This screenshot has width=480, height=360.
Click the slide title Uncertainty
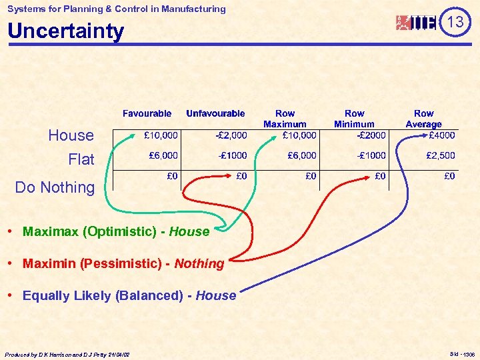(x=65, y=31)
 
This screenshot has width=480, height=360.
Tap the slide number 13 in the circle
(x=455, y=23)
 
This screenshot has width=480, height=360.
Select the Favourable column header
(x=147, y=113)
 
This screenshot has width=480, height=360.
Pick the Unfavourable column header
(x=215, y=113)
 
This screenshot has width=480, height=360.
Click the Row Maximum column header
(x=285, y=119)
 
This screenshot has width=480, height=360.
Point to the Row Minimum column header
(x=354, y=119)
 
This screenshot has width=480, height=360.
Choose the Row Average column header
(x=423, y=119)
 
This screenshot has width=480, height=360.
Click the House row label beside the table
(x=71, y=135)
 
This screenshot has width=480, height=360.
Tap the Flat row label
(x=81, y=159)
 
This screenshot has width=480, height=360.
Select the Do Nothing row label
(x=55, y=187)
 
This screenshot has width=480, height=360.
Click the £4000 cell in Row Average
(x=441, y=135)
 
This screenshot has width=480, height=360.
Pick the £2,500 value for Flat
(x=441, y=155)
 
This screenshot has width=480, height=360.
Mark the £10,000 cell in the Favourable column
(x=161, y=135)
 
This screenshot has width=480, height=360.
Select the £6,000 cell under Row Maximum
(x=301, y=155)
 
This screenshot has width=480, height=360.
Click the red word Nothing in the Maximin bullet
(x=199, y=263)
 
